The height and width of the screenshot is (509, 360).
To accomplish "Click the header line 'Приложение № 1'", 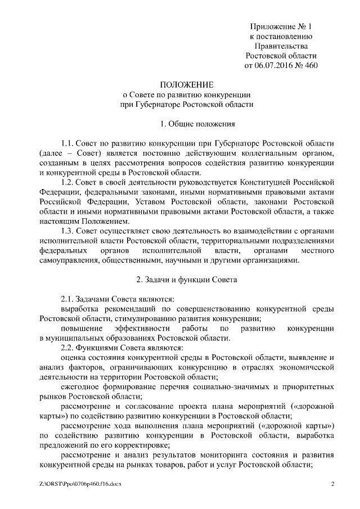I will coord(280,26).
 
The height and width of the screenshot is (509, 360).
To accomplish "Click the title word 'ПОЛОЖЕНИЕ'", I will coord(187,84).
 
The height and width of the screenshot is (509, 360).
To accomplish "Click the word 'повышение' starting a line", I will coord(79,328).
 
